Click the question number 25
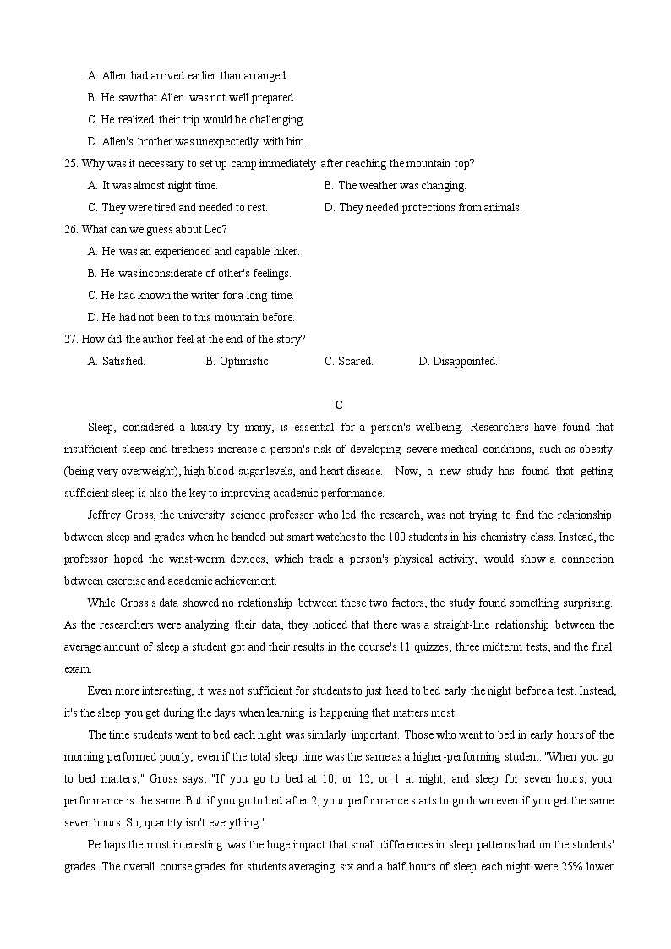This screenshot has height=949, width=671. point(71,163)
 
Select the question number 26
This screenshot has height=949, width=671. point(71,229)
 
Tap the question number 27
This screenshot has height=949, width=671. point(71,339)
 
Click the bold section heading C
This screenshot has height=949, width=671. point(338,406)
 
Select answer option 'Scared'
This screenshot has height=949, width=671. point(349,361)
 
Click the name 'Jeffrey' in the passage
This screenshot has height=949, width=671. point(105,515)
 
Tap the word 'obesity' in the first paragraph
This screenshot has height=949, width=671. point(595,449)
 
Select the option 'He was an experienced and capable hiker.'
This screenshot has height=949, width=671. point(194,251)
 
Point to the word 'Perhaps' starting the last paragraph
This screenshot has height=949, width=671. point(106,844)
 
